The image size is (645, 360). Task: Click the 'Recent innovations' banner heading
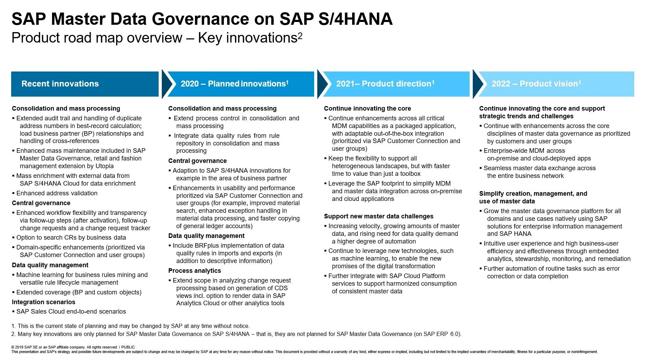(60, 84)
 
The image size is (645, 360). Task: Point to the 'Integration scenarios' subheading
(44, 302)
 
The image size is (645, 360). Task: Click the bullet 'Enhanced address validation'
(57, 193)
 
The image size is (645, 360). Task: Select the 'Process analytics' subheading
(195, 271)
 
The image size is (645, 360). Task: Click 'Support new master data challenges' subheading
(379, 216)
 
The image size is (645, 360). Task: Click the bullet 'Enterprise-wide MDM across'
(524, 151)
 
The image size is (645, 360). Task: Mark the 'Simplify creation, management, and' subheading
(533, 194)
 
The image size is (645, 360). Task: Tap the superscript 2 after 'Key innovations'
(300, 35)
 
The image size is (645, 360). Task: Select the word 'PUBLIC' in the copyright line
(128, 347)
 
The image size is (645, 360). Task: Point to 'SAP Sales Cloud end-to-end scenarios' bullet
(71, 312)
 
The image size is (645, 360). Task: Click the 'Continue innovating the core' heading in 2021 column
(367, 108)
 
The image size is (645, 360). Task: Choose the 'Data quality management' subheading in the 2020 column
(206, 236)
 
